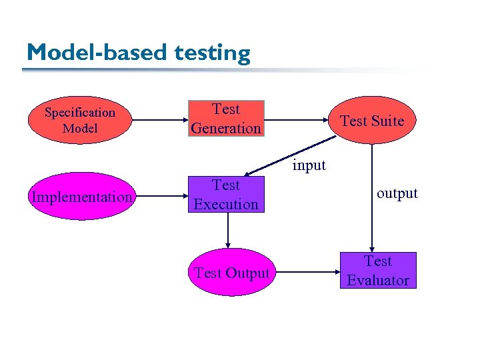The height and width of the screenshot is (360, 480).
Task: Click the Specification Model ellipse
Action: click(x=79, y=121)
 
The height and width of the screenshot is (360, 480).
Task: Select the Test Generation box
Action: click(x=226, y=119)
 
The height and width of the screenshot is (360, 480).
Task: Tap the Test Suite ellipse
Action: click(x=372, y=121)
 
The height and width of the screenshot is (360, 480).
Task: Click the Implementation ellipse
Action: click(x=81, y=197)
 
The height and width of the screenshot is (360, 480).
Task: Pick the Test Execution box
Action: click(x=226, y=194)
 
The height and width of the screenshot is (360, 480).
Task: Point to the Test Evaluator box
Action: click(x=378, y=270)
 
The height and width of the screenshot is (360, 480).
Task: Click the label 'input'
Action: click(x=309, y=165)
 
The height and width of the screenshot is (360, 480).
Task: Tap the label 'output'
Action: click(x=397, y=193)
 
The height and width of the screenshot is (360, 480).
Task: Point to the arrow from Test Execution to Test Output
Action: click(x=228, y=230)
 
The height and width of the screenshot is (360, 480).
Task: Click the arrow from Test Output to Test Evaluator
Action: click(x=307, y=273)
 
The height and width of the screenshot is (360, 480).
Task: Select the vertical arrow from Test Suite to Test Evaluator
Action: click(x=372, y=200)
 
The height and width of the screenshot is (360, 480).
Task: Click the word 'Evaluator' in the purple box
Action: click(x=378, y=280)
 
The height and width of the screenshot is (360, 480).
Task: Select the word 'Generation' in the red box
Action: click(x=226, y=128)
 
